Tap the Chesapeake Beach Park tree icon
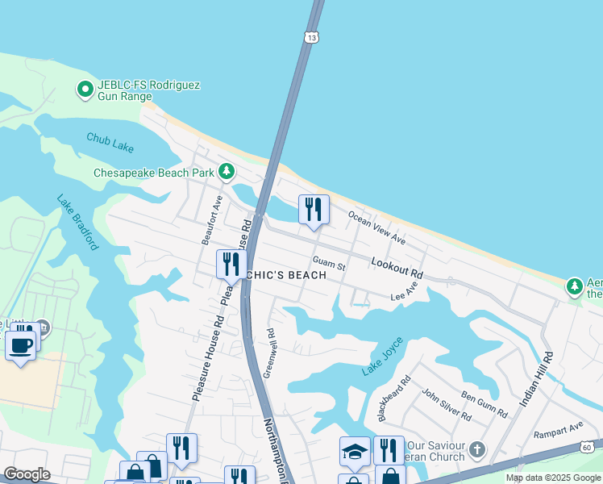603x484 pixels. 227,172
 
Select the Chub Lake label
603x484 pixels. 110,143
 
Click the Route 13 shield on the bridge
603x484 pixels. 312,36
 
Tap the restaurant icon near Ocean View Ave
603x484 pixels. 314,209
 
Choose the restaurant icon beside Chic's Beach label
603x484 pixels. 231,264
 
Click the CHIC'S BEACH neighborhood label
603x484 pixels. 286,275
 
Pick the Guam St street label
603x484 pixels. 328,264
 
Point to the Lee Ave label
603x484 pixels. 405,292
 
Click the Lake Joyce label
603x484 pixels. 381,357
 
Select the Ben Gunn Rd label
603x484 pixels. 484,404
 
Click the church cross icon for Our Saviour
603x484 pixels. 477,449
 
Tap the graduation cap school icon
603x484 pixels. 354,451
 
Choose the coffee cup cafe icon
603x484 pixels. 20,345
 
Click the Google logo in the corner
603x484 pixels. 27,474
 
